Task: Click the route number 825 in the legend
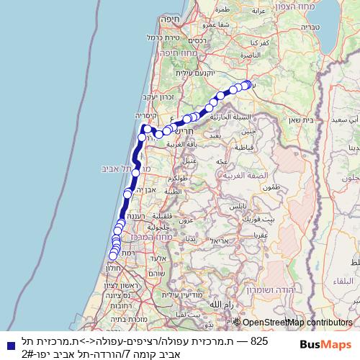pyautogui.click(x=258, y=339)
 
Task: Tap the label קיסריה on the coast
pyautogui.click(x=145, y=115)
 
